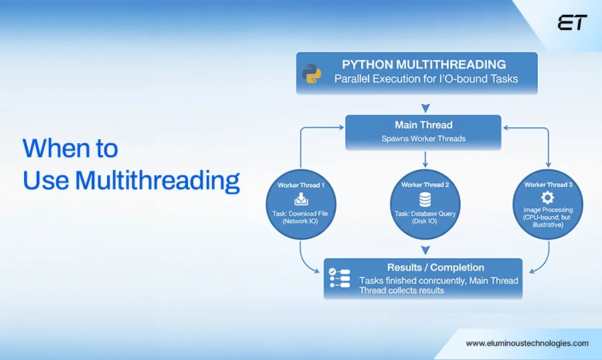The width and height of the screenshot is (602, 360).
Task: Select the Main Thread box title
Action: [x=423, y=125]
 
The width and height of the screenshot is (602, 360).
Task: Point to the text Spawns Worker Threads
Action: [x=423, y=139]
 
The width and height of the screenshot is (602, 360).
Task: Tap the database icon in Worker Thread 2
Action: [x=424, y=199]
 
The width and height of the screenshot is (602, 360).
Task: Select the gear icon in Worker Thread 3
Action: [x=548, y=198]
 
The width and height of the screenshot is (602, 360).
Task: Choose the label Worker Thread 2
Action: [x=424, y=184]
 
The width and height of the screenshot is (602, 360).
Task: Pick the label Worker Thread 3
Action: [x=548, y=184]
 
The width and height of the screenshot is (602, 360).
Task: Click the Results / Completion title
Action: [x=435, y=268]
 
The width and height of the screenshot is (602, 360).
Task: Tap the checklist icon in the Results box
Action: [x=338, y=278]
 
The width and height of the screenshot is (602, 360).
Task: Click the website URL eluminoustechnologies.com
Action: [x=527, y=343]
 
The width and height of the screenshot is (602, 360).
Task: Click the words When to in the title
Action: [x=70, y=148]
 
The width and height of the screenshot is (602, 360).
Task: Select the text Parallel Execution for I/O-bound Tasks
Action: [x=426, y=79]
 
